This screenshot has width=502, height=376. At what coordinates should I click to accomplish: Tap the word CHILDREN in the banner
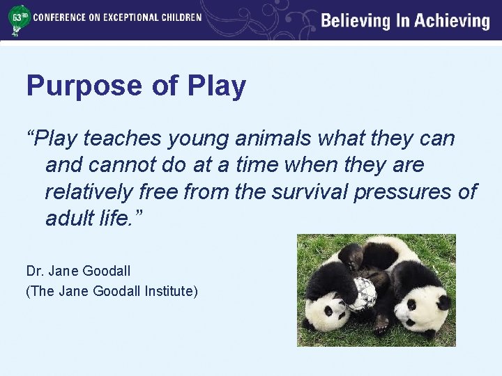(177, 17)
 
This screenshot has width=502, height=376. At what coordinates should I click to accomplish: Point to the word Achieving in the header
(452, 21)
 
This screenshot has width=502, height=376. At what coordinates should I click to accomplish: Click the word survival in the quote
(307, 191)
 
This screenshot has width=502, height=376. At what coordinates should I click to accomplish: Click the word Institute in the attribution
(172, 290)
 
